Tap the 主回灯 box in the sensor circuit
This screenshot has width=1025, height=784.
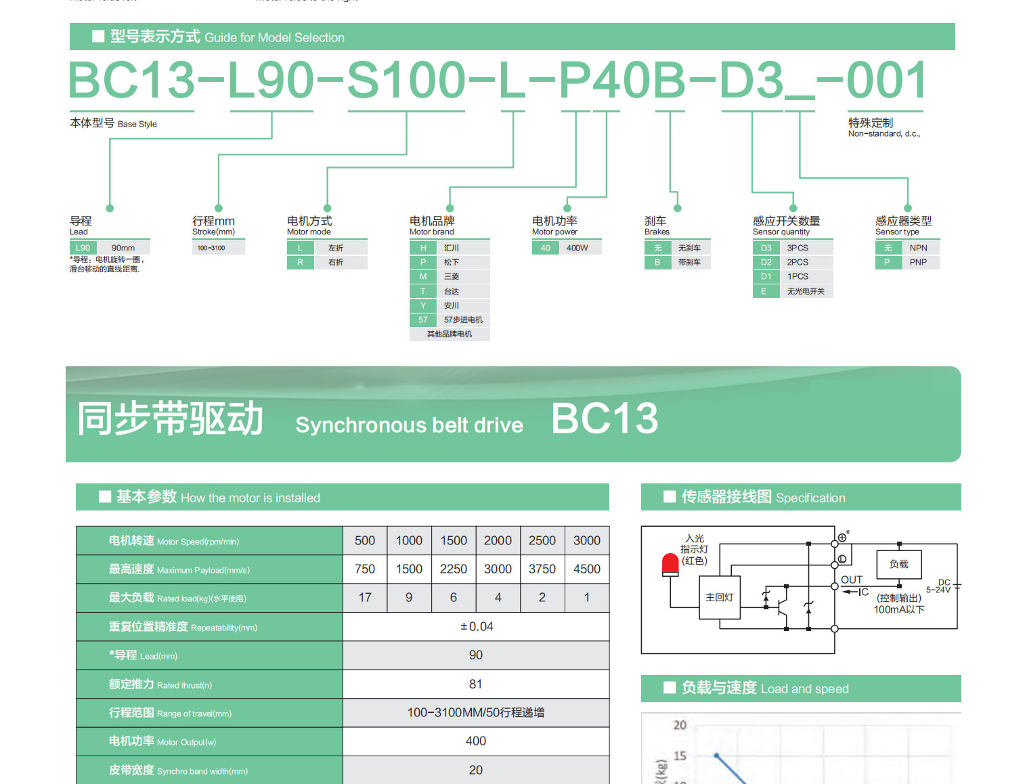click(x=719, y=597)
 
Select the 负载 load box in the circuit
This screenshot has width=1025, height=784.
click(x=899, y=564)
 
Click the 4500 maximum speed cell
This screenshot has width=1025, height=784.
click(x=586, y=569)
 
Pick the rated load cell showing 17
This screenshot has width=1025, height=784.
click(x=365, y=598)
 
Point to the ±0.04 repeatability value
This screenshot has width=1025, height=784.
click(x=477, y=627)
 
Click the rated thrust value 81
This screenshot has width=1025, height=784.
click(x=476, y=684)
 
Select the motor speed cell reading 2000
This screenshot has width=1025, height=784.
click(x=498, y=541)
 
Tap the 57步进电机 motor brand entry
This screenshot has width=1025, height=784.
click(x=463, y=320)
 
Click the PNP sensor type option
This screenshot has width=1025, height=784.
click(x=918, y=262)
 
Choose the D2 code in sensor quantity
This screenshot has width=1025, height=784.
click(x=766, y=262)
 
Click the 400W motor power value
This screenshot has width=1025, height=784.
click(x=577, y=248)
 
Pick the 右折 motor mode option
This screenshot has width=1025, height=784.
click(x=336, y=262)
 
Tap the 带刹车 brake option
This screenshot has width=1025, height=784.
click(x=689, y=262)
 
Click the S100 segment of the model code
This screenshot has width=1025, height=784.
click(x=406, y=81)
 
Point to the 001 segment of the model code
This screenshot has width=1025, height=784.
click(x=886, y=81)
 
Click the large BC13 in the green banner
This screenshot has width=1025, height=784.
click(x=605, y=418)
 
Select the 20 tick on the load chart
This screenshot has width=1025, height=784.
click(x=680, y=725)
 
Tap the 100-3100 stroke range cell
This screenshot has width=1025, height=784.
click(x=211, y=248)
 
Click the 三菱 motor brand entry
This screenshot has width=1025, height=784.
click(x=452, y=276)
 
